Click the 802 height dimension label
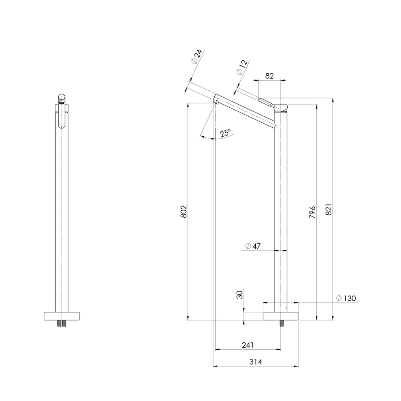tap(184, 211)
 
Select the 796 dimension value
tap(312, 212)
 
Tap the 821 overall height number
tap(329, 209)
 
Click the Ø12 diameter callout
tap(242, 67)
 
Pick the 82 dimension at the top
tap(269, 76)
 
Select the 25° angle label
tap(225, 133)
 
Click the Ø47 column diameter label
tap(253, 246)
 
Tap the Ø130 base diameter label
tap(346, 298)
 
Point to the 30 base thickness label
tap(240, 295)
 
